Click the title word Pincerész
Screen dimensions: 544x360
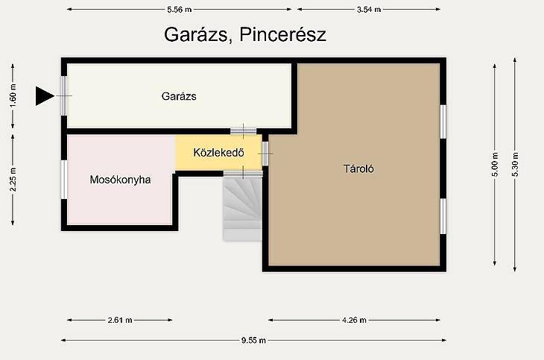tap(282, 35)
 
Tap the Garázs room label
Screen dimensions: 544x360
tap(179, 96)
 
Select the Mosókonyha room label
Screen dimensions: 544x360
tap(120, 180)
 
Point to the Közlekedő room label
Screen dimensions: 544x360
tap(218, 152)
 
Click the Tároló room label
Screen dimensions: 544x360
tap(358, 168)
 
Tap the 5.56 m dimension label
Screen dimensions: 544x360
tap(180, 10)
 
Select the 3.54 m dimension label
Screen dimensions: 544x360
tap(369, 10)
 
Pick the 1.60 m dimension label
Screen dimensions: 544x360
tap(13, 96)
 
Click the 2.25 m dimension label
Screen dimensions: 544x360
tap(13, 180)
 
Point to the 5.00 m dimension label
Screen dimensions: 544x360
tap(495, 165)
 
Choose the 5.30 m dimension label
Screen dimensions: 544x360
tap(515, 165)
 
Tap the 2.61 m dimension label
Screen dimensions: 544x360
tap(120, 320)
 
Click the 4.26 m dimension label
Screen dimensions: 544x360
tap(354, 320)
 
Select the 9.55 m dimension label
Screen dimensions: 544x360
tap(253, 341)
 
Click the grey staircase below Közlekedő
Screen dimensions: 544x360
tap(242, 208)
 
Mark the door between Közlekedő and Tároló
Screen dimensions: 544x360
tap(265, 154)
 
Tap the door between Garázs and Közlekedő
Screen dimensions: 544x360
tap(244, 131)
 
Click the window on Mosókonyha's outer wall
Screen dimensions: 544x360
tap(64, 180)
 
